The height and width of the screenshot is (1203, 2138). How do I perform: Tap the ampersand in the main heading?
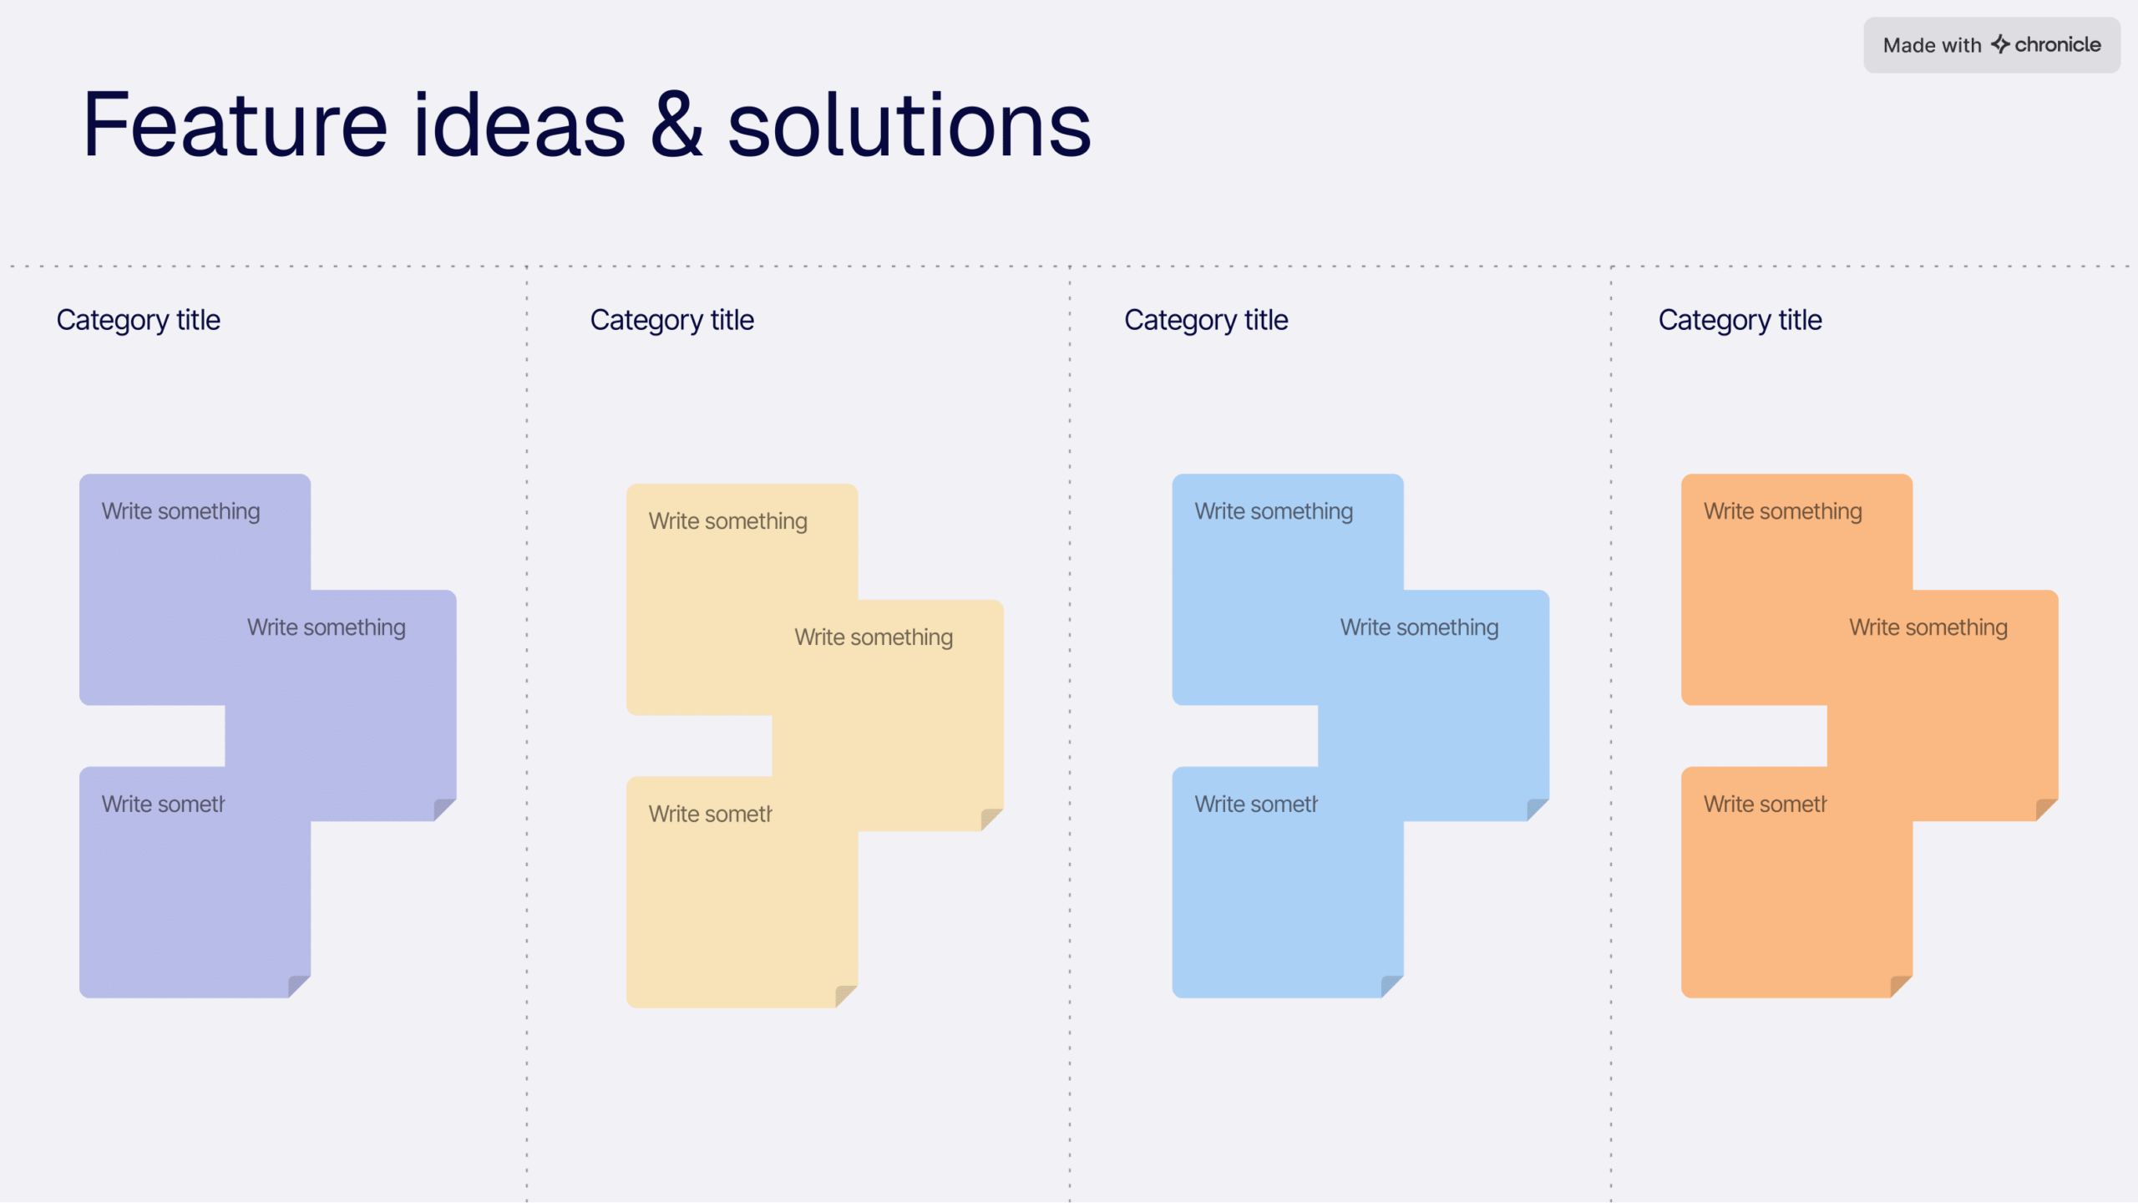(676, 125)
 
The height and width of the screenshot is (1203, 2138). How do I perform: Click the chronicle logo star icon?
(1999, 44)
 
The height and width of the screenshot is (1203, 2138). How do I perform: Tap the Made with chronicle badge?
(1991, 45)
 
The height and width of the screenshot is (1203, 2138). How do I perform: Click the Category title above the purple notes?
(138, 320)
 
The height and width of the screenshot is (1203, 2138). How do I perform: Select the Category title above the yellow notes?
(671, 320)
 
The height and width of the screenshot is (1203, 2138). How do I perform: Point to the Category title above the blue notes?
(1205, 320)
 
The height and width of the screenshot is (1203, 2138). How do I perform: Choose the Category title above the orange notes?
(1740, 320)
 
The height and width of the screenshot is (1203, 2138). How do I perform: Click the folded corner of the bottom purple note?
(298, 986)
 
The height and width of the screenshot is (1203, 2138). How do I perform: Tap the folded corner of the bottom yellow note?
(845, 996)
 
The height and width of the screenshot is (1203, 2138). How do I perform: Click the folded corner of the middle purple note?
(443, 810)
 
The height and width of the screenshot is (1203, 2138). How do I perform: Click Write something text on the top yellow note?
(727, 521)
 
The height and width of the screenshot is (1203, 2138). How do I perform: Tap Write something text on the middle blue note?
(1419, 627)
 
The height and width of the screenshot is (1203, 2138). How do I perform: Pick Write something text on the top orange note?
(1782, 511)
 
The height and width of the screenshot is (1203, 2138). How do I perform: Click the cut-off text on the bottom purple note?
(163, 805)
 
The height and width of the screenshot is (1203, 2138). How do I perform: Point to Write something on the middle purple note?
(326, 627)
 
